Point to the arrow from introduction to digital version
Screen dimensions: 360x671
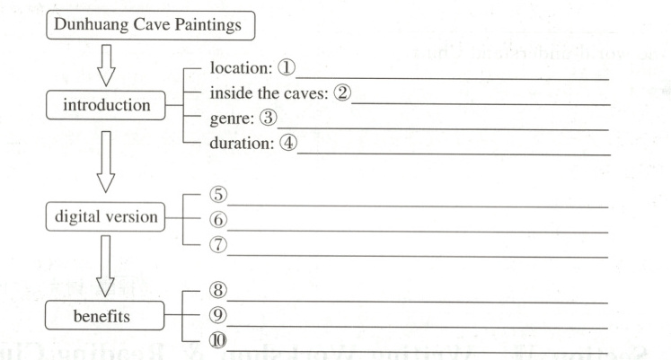point(110,161)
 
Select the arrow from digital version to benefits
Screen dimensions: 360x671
point(110,266)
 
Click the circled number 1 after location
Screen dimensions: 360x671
point(290,68)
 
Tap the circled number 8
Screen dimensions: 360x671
point(216,290)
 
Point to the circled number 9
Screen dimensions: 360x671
point(216,315)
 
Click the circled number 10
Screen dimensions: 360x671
point(216,339)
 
